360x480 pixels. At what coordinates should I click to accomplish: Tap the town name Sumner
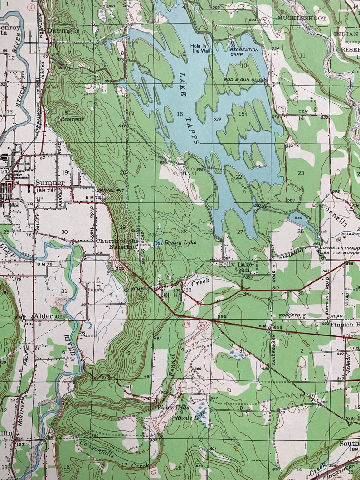click(x=50, y=183)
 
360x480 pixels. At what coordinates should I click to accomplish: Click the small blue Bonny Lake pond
click(x=159, y=243)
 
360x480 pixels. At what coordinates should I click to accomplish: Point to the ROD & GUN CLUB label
click(x=243, y=80)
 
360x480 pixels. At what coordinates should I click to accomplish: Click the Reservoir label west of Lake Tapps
click(x=73, y=119)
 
